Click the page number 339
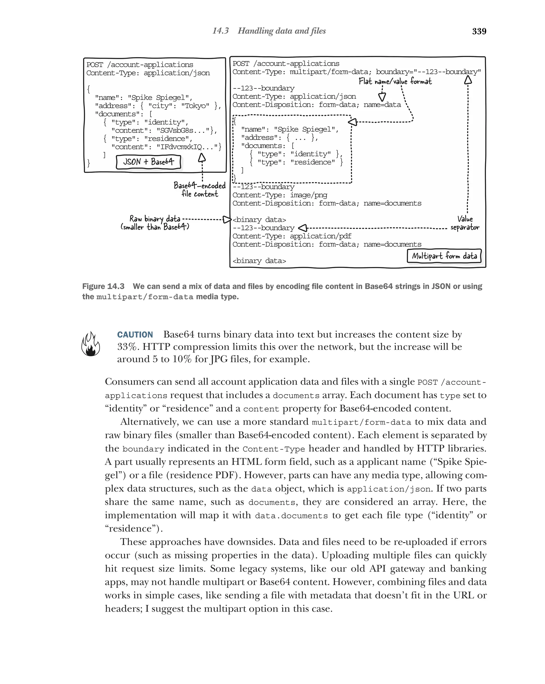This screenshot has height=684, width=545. [479, 31]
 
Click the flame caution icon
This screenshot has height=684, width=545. [90, 344]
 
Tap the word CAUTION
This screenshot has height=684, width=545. [135, 335]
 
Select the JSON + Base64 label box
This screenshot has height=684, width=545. [148, 162]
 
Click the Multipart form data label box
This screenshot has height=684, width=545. [444, 256]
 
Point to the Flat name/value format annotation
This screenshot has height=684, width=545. [395, 81]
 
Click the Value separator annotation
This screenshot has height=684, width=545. [465, 223]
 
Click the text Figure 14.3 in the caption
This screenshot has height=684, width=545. [103, 286]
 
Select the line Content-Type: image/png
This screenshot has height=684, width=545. [280, 195]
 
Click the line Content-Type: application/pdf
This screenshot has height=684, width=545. [292, 236]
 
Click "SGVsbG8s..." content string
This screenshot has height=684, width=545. [182, 130]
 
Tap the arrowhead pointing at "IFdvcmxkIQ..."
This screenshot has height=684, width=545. [202, 158]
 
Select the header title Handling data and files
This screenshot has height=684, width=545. [282, 31]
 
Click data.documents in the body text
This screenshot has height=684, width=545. [291, 516]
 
